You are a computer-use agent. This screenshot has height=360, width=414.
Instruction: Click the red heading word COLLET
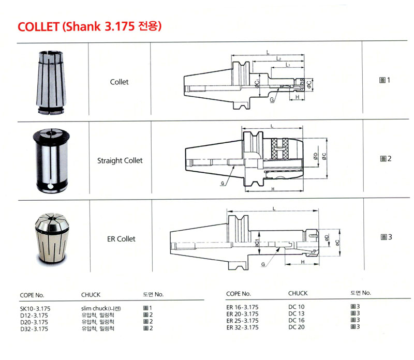[38, 27]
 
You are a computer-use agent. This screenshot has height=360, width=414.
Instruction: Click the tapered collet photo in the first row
[51, 83]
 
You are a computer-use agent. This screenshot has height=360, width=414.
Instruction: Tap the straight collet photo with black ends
[51, 160]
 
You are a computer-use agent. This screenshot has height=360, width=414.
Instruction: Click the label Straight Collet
[120, 160]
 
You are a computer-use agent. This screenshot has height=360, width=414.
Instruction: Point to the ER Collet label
[121, 239]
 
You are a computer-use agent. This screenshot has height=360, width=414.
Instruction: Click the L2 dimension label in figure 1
[278, 58]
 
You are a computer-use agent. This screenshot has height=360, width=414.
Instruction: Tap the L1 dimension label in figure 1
[288, 65]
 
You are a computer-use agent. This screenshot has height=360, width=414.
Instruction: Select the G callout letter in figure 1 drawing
[272, 100]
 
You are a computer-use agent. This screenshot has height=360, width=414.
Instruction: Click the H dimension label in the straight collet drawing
[273, 188]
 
